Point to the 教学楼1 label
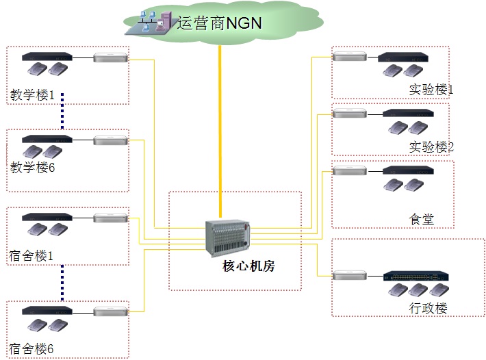tap(32, 94)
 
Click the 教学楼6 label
tap(32, 166)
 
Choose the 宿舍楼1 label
tap(31, 255)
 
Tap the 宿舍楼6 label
tap(31, 348)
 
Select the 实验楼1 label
tap(431, 89)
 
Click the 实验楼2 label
tap(431, 146)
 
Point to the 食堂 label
tap(422, 219)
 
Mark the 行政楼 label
tap(428, 308)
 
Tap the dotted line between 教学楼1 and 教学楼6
tap(62, 110)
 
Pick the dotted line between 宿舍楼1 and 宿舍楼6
tap(62, 283)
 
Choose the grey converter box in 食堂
tap(349, 170)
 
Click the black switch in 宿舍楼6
tap(47, 311)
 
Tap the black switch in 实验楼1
tap(403, 57)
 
